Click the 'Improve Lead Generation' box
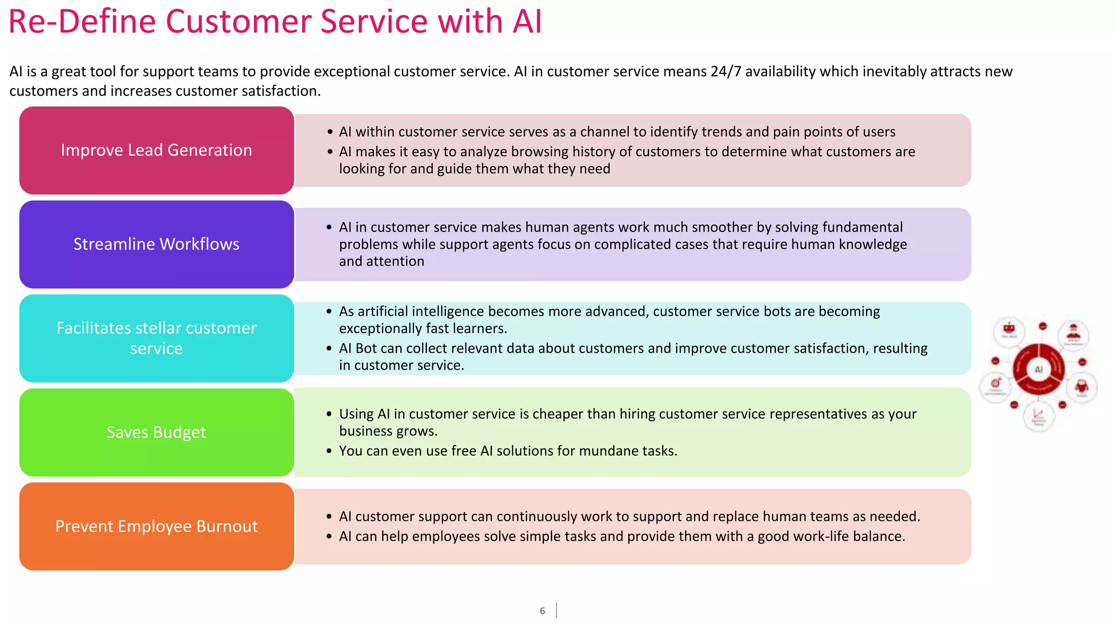156,150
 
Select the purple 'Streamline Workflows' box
156,244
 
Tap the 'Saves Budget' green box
156,432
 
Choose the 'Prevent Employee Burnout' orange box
156,526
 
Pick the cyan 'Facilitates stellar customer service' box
156,338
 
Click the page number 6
542,611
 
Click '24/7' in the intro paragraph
726,72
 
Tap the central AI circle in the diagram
1039,370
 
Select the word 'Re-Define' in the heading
82,22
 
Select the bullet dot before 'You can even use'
329,451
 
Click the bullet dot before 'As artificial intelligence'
329,311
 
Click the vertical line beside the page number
556,610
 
